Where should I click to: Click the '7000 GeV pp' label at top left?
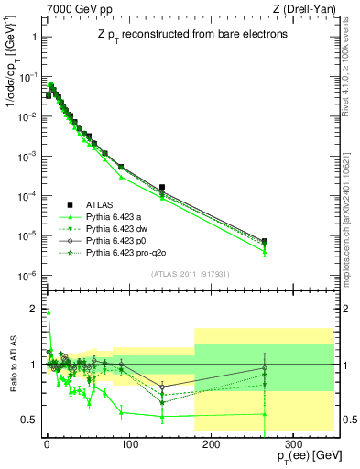click(x=73, y=10)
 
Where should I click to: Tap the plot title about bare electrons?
click(x=189, y=34)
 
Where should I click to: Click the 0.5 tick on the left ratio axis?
click(x=30, y=420)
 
